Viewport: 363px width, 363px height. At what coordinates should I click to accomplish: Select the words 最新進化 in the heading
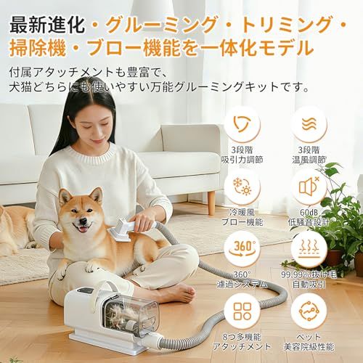44,20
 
